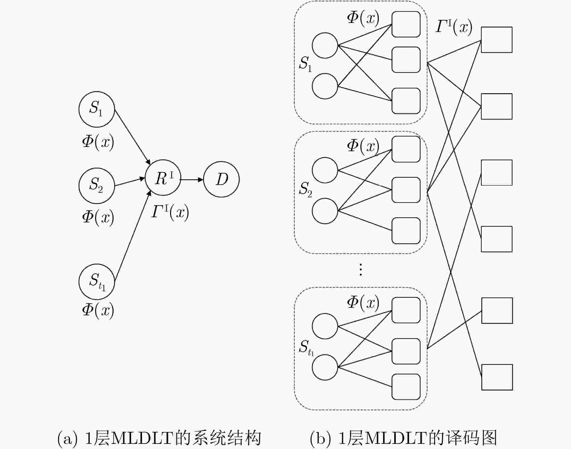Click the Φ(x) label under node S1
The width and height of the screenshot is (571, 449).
98,142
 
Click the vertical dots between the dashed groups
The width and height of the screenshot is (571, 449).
360,269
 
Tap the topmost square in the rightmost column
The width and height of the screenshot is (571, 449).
497,40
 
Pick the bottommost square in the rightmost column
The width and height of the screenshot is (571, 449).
497,377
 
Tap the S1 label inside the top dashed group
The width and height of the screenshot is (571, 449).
305,64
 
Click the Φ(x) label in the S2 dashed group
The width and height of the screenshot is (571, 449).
363,146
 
